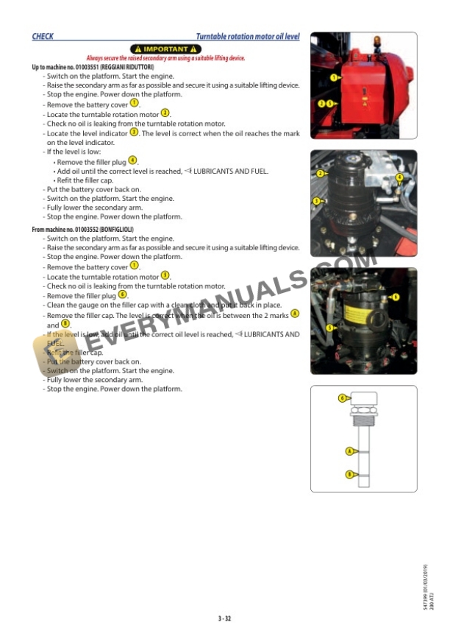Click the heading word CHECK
(x=42, y=36)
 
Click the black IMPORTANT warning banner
(x=165, y=49)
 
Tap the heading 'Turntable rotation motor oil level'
(x=247, y=36)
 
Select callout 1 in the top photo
(x=334, y=77)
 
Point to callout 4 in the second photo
(x=399, y=177)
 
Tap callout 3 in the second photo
(x=317, y=200)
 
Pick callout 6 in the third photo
(x=396, y=297)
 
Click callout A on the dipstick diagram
(x=349, y=451)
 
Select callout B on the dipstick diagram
(x=349, y=474)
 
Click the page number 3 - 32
(x=224, y=618)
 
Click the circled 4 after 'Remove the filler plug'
(x=132, y=160)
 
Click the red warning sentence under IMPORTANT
(x=165, y=58)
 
